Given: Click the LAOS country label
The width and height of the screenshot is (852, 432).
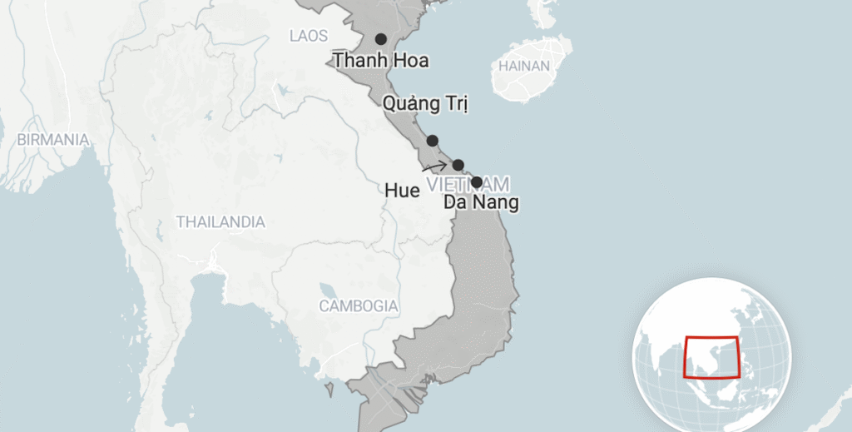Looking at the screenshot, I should (309, 36).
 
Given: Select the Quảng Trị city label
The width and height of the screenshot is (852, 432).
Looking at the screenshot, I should (425, 104).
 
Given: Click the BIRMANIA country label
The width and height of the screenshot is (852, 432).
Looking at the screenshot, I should (53, 140).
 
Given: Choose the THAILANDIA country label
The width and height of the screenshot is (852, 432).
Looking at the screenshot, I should (220, 222).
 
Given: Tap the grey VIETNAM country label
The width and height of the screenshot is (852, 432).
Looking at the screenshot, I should (466, 183).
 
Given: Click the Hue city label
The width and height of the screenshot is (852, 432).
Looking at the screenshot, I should (402, 191).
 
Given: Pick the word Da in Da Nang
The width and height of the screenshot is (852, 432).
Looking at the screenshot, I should (454, 202).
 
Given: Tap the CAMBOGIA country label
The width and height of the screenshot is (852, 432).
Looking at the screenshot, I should (359, 305).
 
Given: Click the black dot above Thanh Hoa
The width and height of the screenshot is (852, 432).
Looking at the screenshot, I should (380, 39).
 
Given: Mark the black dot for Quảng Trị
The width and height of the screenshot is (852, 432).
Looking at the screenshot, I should (433, 141).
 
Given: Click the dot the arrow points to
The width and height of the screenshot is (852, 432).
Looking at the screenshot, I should (458, 165).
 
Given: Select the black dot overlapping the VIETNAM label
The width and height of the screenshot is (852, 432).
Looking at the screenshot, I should (477, 182).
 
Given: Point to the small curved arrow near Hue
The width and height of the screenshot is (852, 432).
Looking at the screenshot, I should (433, 166).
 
